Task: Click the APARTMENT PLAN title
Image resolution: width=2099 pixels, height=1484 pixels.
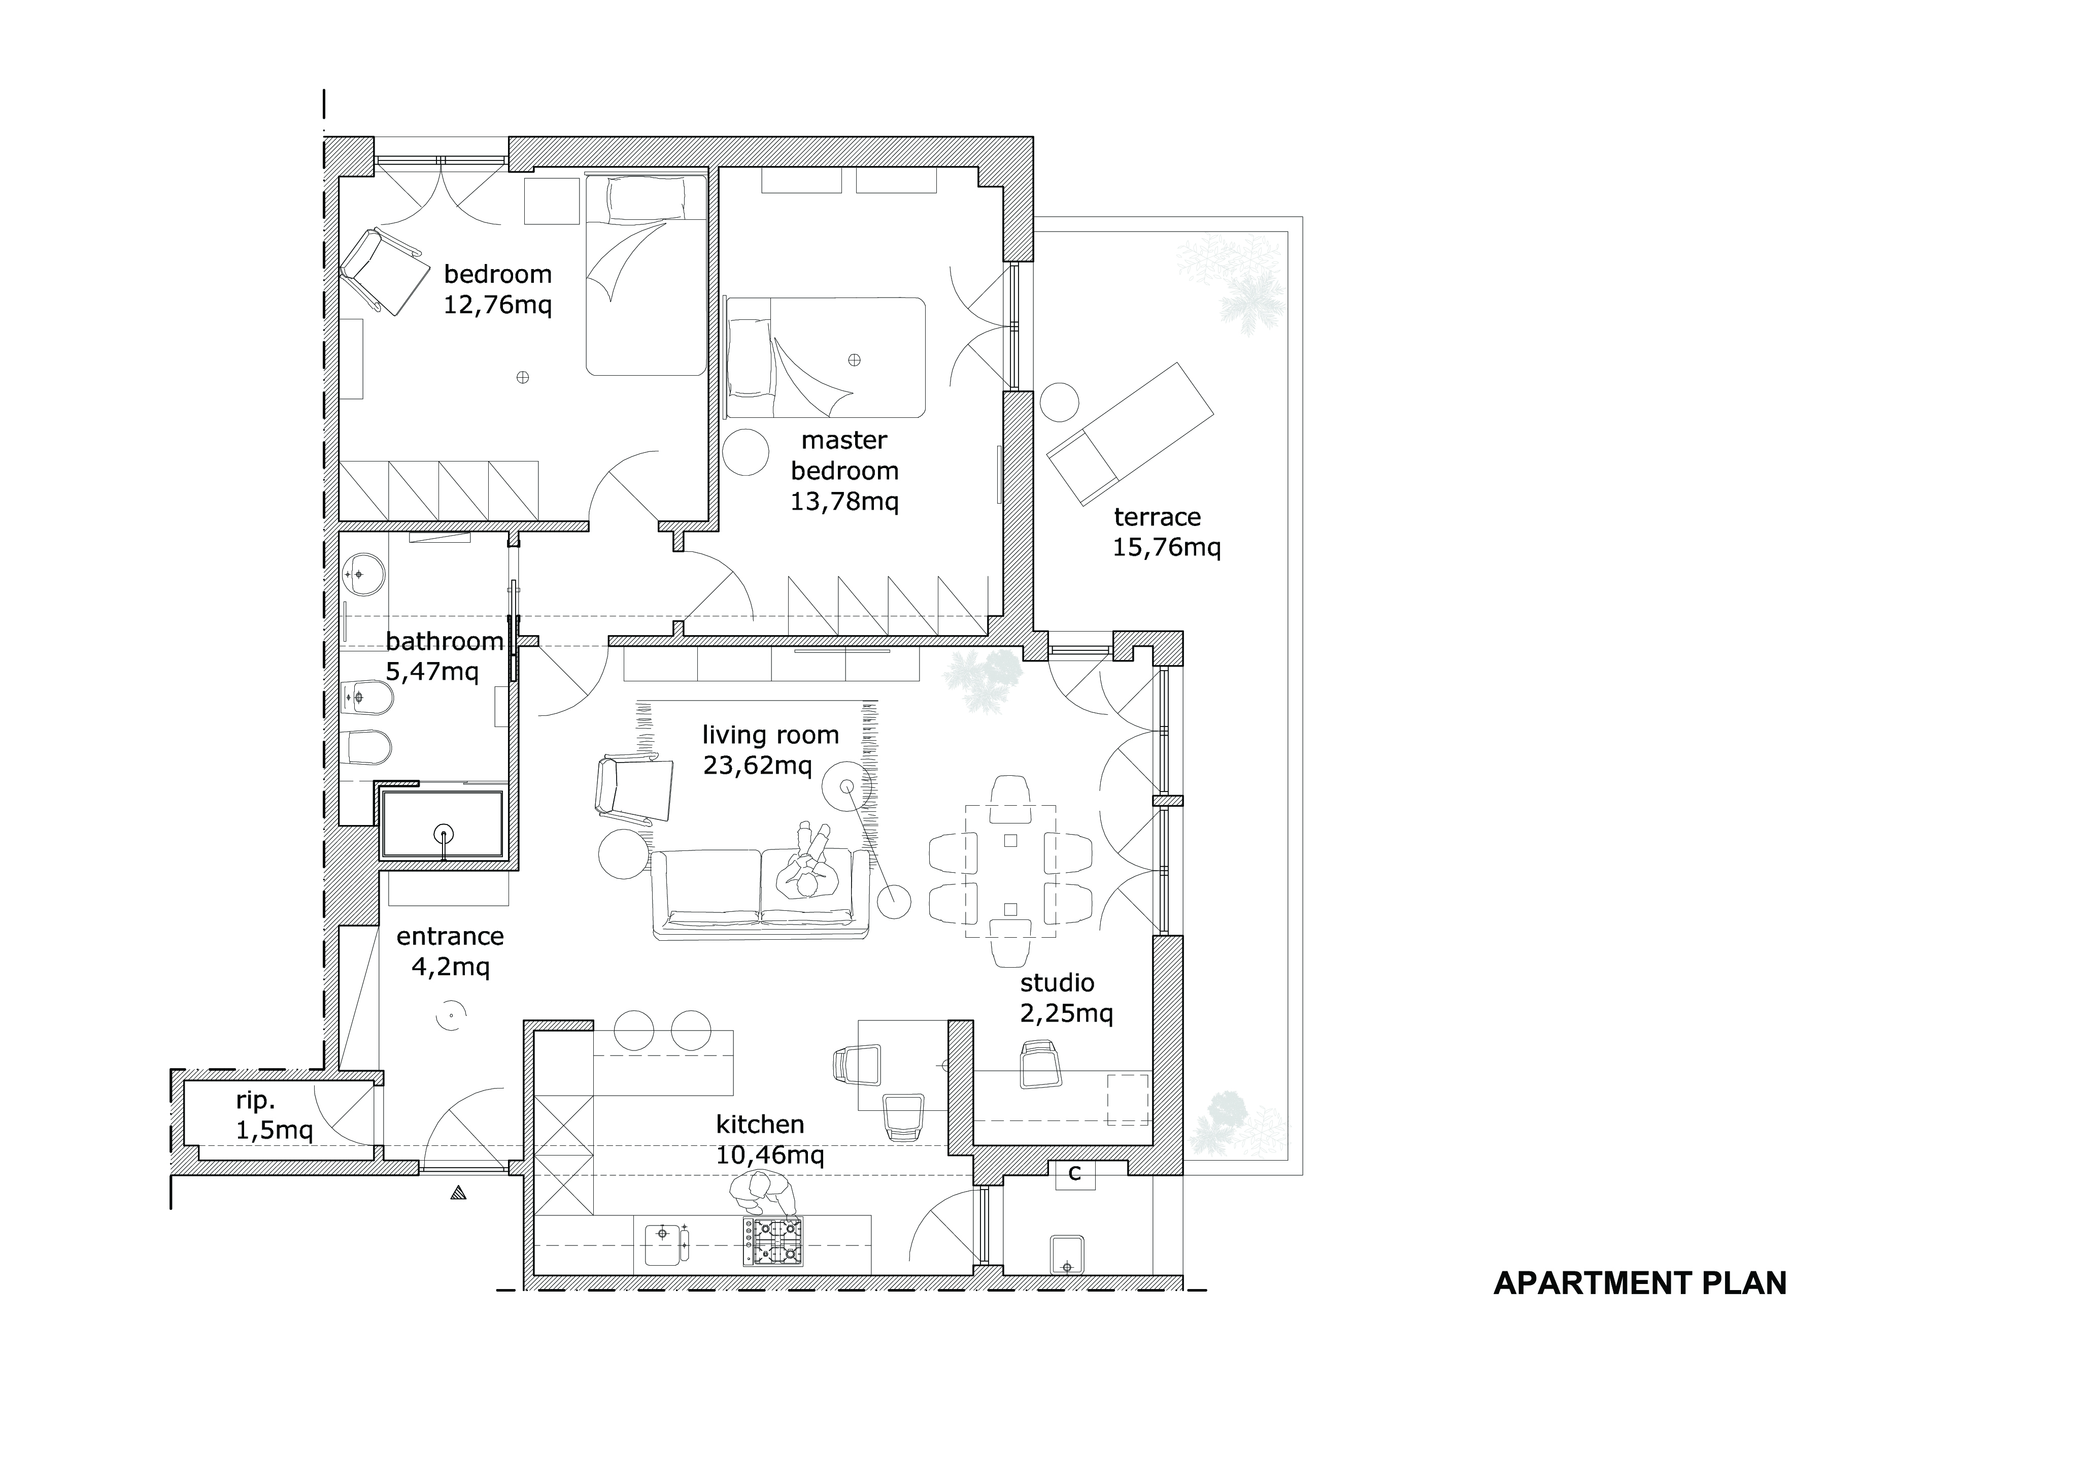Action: tap(1639, 1284)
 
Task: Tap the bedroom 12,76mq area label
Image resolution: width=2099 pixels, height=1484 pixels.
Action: tap(498, 289)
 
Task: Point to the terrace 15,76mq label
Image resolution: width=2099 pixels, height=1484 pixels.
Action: tap(1167, 532)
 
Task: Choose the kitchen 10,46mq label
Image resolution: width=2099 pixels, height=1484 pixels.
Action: tap(770, 1139)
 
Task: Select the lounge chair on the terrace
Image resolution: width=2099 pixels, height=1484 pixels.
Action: tap(1131, 434)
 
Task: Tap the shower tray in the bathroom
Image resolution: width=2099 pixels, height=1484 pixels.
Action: tap(443, 825)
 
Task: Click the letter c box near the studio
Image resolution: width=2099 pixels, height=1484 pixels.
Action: tap(1075, 1173)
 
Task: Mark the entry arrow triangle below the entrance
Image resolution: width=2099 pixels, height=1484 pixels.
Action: tap(458, 1192)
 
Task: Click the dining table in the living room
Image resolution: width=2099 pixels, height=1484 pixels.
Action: tap(1010, 871)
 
